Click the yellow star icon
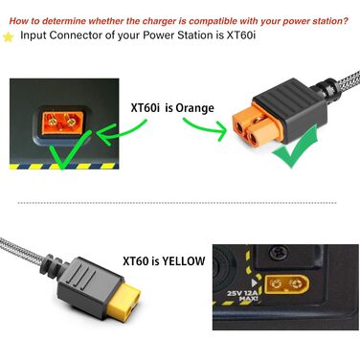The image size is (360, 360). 9,37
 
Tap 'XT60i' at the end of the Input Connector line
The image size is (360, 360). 241,34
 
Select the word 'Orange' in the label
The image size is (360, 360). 194,108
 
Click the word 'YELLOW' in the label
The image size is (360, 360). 183,260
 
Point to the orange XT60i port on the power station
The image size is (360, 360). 62,123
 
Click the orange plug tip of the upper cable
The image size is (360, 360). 252,125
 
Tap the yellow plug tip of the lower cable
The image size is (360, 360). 124,299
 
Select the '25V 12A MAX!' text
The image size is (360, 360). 242,296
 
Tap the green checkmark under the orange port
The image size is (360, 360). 69,150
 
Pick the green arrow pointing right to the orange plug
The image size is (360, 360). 204,128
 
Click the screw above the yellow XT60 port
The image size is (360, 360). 276,253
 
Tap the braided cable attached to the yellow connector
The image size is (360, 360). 21,252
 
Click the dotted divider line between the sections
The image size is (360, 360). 177,203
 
